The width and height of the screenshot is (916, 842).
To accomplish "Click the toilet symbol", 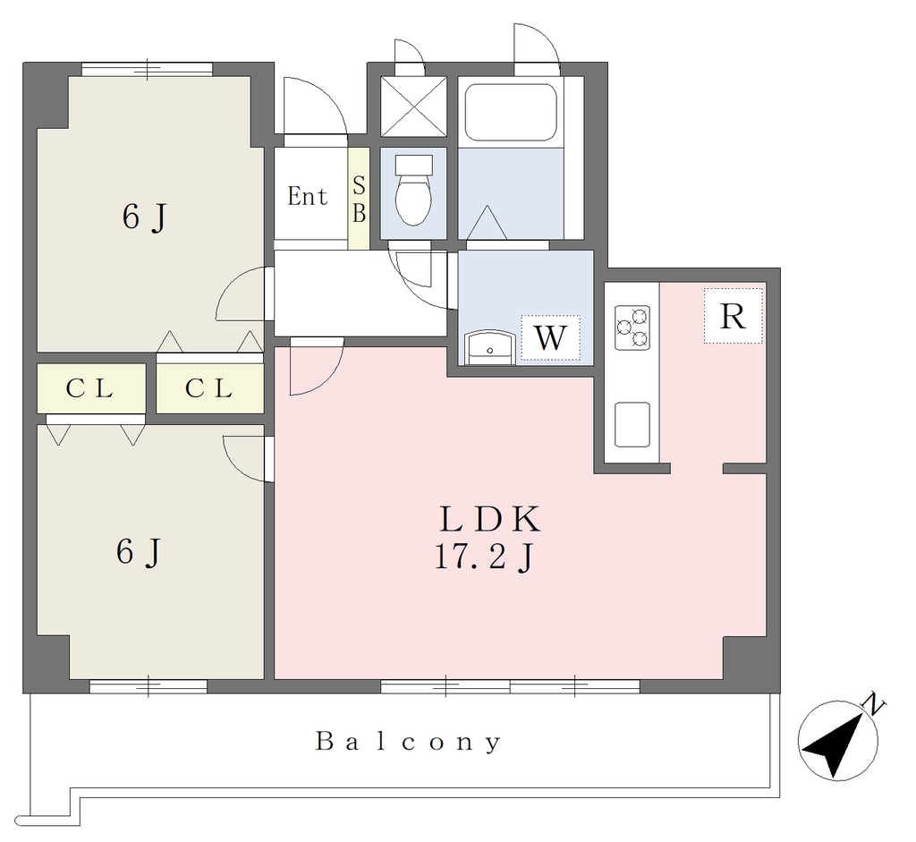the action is [x=413, y=190].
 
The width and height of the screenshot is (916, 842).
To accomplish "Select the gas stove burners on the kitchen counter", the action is [x=632, y=327].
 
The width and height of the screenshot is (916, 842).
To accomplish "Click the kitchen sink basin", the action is [x=632, y=424].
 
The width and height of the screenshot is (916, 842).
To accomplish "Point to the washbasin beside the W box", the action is [x=489, y=348].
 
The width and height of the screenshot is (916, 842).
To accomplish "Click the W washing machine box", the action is [x=550, y=337].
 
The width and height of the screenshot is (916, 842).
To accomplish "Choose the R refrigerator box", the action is [x=734, y=316].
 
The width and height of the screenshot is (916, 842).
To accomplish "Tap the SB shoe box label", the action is [x=359, y=200].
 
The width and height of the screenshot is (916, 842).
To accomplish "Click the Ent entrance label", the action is [x=308, y=196].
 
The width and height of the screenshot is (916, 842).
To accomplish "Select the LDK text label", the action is [x=489, y=519].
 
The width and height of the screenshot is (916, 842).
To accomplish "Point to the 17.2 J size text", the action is [x=483, y=557].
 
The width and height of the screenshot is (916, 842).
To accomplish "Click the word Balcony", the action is [x=408, y=742].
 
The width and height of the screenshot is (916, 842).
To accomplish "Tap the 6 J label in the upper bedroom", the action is [x=144, y=217].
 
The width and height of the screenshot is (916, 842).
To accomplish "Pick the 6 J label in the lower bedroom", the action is [x=139, y=551].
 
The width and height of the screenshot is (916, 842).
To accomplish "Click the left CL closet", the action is [x=91, y=388].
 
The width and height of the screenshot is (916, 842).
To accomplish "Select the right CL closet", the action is [x=209, y=388].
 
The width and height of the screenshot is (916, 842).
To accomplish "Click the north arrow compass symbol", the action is [x=837, y=741].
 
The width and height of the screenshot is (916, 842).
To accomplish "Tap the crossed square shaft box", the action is [x=413, y=106].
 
